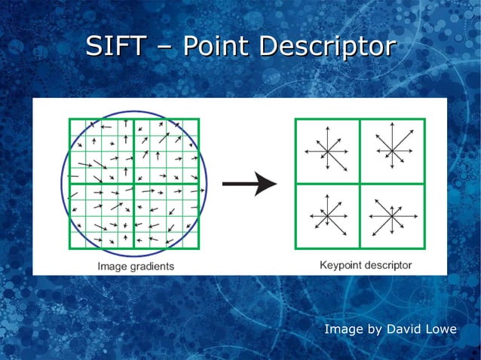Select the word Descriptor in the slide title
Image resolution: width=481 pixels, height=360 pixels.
click(x=326, y=46)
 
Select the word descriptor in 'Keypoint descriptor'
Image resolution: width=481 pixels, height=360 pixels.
click(x=388, y=265)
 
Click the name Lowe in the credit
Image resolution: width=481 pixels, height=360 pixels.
click(x=441, y=330)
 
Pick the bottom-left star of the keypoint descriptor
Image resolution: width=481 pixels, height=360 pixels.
click(x=327, y=215)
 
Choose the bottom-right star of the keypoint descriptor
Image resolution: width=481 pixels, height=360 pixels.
click(x=392, y=215)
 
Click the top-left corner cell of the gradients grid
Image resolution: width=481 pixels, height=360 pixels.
click(x=77, y=127)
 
